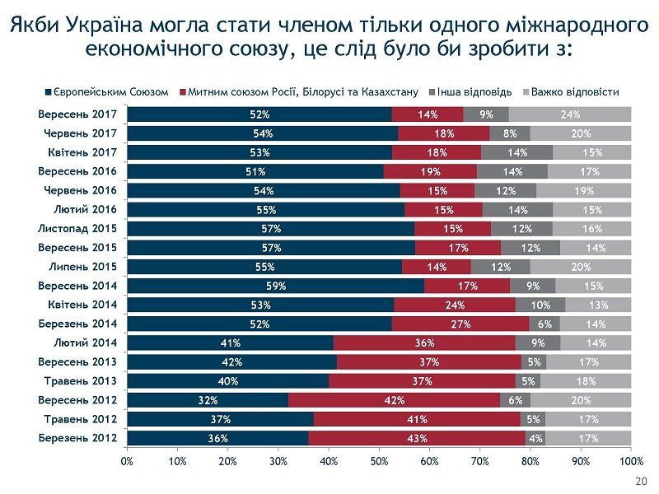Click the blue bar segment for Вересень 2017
[259, 114]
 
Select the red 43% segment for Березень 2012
[417, 438]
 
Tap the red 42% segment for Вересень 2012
[394, 400]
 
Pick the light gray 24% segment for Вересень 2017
[570, 114]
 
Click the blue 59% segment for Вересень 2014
[276, 286]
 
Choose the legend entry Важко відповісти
[574, 92]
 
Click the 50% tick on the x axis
[379, 461]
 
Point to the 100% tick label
[630, 461]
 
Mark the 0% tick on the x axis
[128, 461]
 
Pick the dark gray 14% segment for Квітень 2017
[516, 152]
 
